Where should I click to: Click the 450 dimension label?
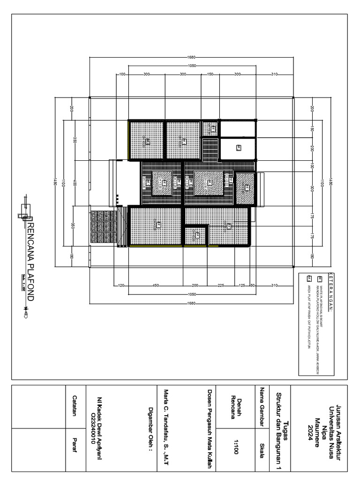(156, 285)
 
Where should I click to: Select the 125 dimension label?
(242, 285)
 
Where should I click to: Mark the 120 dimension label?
(120, 285)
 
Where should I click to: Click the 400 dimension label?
(74, 183)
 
